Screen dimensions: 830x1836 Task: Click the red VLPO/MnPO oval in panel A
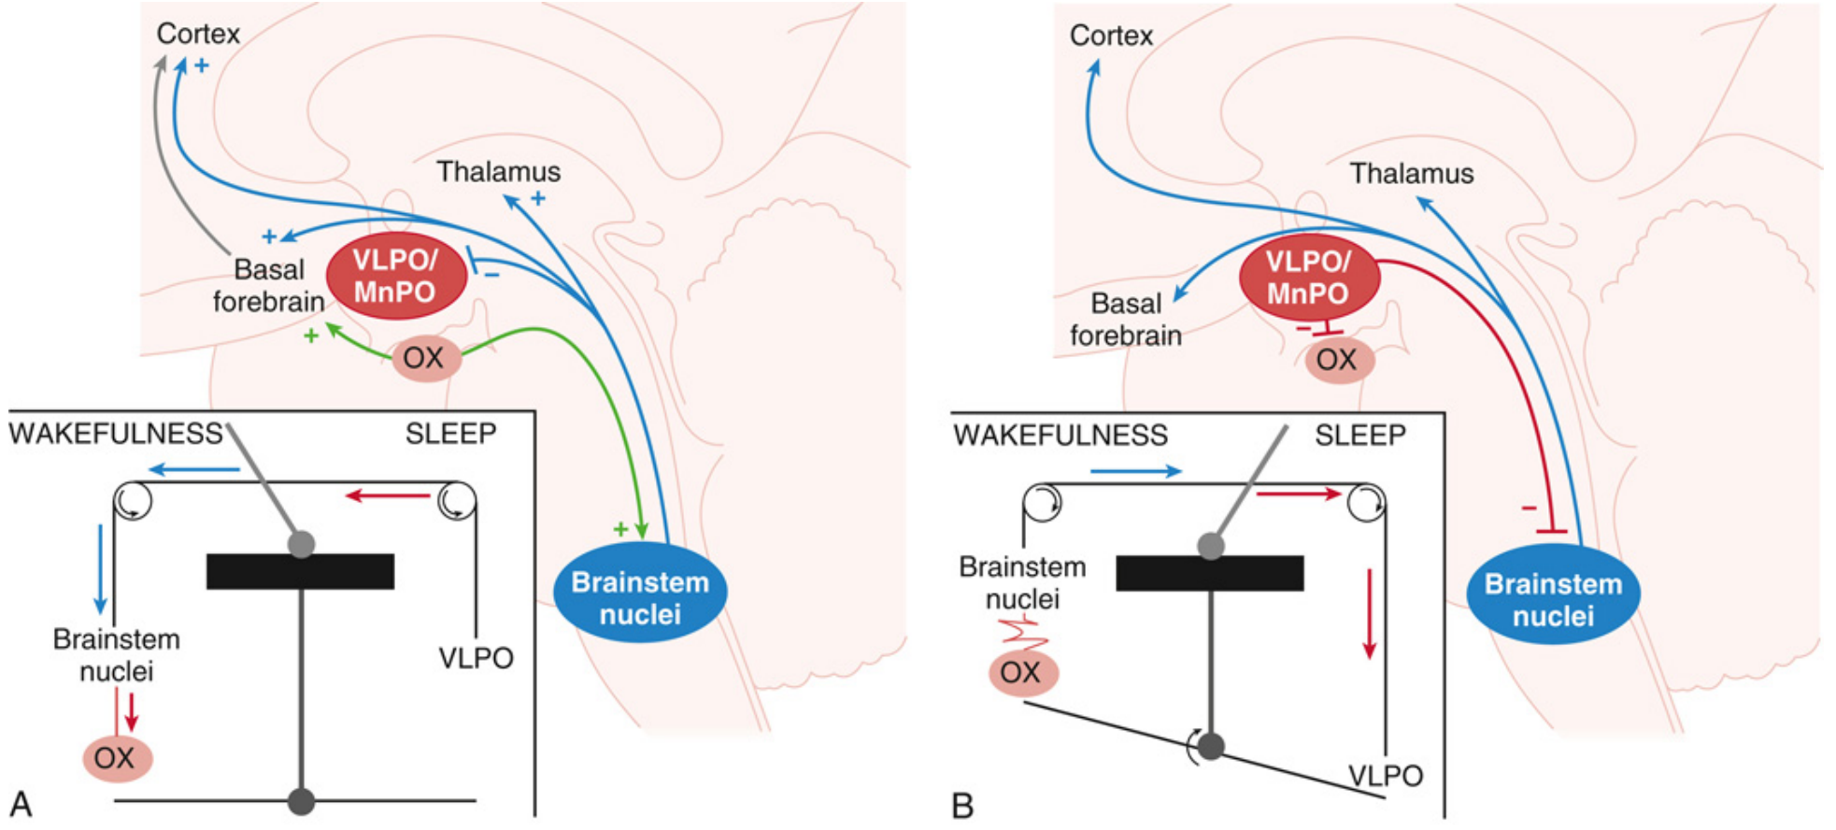coord(395,277)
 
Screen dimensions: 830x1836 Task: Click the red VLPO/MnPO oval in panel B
coord(1308,279)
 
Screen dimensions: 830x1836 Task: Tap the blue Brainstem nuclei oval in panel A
coord(640,598)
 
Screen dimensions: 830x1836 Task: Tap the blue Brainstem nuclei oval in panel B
coord(1553,600)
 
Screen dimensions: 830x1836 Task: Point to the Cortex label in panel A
coord(198,35)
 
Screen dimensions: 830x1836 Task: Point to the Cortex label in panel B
coord(1111,36)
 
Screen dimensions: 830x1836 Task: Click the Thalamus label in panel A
coord(499,172)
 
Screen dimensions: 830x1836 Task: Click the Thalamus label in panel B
coord(1411,174)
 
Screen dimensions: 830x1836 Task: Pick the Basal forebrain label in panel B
coord(1125,320)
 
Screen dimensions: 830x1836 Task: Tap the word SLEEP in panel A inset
coord(450,434)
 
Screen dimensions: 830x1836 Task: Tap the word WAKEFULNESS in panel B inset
coord(1060,436)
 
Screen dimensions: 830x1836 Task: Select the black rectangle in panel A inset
coord(300,571)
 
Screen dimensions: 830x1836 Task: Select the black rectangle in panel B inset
coord(1210,573)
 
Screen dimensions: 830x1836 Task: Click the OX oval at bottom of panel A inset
coord(116,758)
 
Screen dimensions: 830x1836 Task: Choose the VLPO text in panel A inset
coord(476,658)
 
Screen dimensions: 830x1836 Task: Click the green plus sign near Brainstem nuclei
coord(620,530)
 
